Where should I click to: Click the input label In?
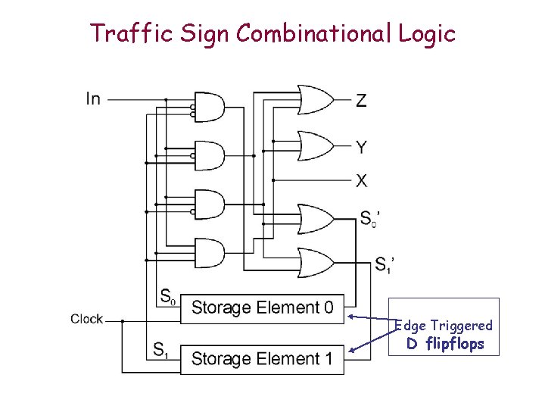(x=93, y=98)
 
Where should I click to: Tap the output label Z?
(x=361, y=100)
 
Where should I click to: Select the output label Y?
(x=362, y=146)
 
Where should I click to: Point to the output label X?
(x=362, y=181)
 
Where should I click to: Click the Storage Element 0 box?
(x=262, y=308)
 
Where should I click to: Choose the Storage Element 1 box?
(x=262, y=358)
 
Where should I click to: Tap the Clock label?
(x=86, y=319)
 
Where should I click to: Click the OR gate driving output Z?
(x=316, y=99)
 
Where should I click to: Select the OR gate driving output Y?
(x=316, y=145)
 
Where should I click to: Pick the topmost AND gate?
(x=210, y=108)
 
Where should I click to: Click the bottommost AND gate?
(x=210, y=252)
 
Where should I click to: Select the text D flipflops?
(x=445, y=345)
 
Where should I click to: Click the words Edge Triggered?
(x=444, y=326)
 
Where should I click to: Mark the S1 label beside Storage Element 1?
(x=160, y=349)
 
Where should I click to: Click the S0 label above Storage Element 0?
(x=168, y=295)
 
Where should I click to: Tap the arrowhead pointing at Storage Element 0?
(x=350, y=315)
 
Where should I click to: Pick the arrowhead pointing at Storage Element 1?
(x=350, y=351)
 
